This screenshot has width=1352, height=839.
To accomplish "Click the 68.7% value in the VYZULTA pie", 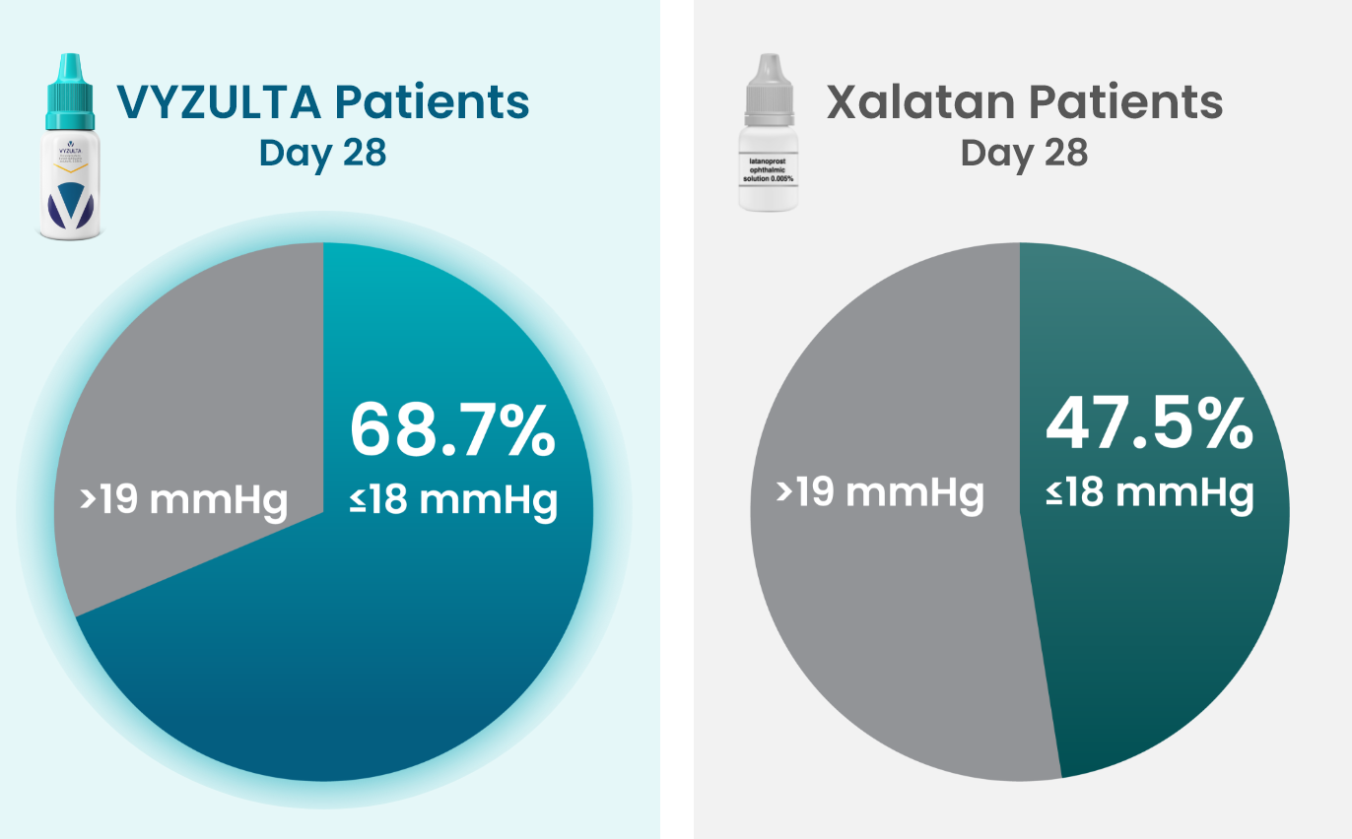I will point(452,430).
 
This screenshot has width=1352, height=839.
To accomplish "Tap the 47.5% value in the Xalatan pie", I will point(1149,422).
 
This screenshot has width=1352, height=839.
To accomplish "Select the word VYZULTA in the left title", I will point(219,102).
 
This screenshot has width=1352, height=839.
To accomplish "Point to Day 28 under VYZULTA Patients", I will point(322,154).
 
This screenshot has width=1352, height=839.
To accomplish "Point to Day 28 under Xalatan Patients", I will point(1024,154).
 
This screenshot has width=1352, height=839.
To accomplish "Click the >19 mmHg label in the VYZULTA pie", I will point(184,500).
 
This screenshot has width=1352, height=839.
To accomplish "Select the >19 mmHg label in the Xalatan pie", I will point(880,490).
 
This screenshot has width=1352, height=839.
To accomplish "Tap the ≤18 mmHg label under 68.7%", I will point(453,499).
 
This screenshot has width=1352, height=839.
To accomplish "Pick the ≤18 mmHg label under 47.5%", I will point(1150,491).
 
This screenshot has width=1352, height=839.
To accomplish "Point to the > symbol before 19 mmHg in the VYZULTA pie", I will point(89,500).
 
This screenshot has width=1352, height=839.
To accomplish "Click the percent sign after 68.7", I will point(523,430).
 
